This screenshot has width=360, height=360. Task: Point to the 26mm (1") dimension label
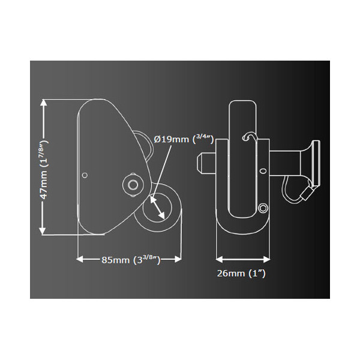tap(241, 273)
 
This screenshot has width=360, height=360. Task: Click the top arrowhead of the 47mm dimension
tap(43, 103)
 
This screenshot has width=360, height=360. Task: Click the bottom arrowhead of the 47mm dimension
tap(43, 230)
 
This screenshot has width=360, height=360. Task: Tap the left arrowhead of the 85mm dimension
tap(79, 259)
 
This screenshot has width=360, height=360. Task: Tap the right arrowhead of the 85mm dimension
tap(178, 259)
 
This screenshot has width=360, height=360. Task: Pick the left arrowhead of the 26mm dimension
tap(220, 259)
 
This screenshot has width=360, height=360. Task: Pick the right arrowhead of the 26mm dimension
tap(266, 259)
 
